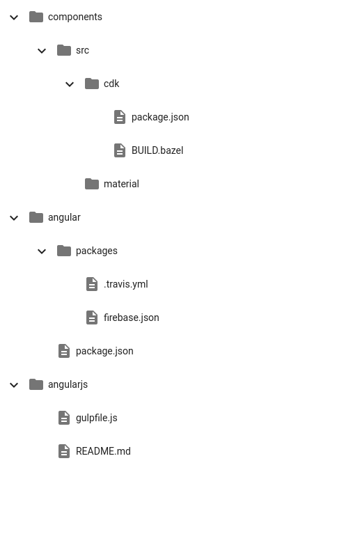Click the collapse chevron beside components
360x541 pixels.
pos(14,17)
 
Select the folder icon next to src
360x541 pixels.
pos(64,50)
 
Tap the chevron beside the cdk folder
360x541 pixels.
pos(70,84)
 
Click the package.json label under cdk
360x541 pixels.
pos(160,117)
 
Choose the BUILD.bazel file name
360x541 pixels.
pos(157,150)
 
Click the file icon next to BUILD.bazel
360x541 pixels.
pos(120,150)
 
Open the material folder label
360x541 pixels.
pos(121,184)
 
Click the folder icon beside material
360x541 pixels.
pos(92,184)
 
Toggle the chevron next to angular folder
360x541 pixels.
pos(14,218)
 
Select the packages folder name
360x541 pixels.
pos(97,251)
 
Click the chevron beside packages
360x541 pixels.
pos(42,251)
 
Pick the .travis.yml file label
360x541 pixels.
pos(126,284)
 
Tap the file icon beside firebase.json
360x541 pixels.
pos(92,317)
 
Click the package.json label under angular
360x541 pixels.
pos(104,351)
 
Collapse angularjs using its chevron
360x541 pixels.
pos(14,385)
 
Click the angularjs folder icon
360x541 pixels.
pos(36,384)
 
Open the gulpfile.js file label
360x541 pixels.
pos(97,418)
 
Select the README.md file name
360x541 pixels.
pos(103,451)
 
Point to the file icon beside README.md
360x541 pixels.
pos(64,451)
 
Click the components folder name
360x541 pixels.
pos(75,17)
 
